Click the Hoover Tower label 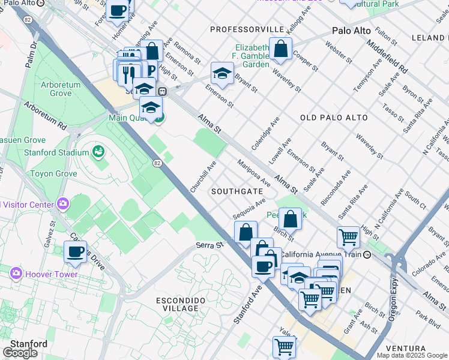coord(52,274)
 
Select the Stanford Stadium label coord(56,152)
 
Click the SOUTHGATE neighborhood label coord(237,191)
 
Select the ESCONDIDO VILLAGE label coord(181,304)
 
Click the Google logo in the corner coord(20,353)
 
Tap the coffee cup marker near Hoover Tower coord(75,252)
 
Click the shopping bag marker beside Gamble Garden coord(280,49)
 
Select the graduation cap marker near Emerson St coord(222,74)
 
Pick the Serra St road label coord(209,245)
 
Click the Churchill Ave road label coord(203,176)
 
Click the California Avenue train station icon coord(367,254)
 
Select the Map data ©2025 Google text coord(412,355)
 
